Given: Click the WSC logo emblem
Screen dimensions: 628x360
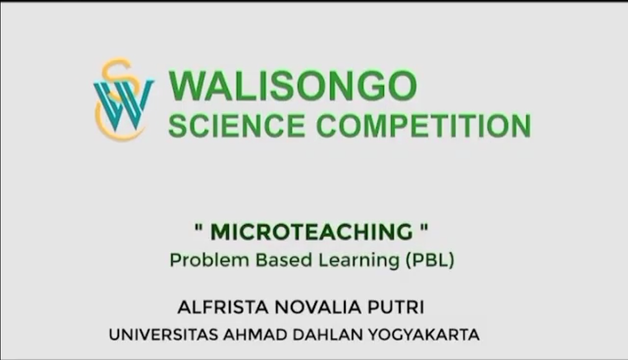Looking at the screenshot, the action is [x=124, y=99].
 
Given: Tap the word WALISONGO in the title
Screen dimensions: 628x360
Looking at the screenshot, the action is [x=293, y=86].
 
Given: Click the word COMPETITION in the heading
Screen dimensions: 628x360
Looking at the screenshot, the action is [x=424, y=126].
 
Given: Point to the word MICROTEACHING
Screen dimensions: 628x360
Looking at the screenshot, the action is [x=312, y=232].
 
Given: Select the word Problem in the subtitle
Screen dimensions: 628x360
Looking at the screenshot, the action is [x=209, y=260].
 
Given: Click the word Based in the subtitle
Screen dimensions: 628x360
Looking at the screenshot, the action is [x=284, y=260].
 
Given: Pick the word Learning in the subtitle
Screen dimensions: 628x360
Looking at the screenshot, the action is [x=359, y=261].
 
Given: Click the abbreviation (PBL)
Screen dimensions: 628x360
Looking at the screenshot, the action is [x=430, y=260].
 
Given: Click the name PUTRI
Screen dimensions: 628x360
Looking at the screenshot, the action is [x=396, y=307].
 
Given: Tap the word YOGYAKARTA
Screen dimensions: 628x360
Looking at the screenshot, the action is [x=424, y=334].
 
